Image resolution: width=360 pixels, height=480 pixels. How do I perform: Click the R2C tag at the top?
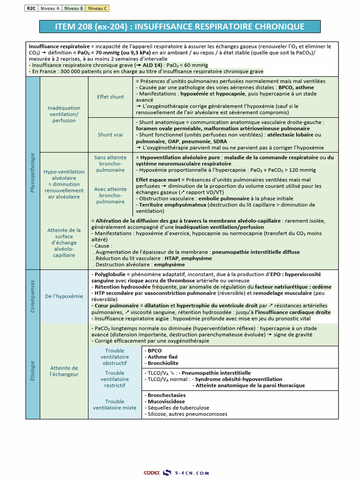(x=31, y=8)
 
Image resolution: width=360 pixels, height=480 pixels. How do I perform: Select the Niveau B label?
(x=74, y=8)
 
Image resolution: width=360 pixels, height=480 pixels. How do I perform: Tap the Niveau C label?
(x=97, y=8)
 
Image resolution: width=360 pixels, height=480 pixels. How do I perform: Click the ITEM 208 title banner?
(x=180, y=27)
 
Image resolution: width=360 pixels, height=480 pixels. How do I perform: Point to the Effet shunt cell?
(x=111, y=97)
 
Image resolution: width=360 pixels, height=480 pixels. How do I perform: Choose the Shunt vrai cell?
(x=111, y=135)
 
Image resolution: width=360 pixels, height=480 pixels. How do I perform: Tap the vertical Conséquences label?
(x=32, y=296)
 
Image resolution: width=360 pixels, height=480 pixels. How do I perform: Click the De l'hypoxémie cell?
(x=64, y=296)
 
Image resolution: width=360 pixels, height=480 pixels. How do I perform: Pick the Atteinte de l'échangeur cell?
(x=64, y=371)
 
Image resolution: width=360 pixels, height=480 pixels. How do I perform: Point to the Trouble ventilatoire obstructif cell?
(x=115, y=357)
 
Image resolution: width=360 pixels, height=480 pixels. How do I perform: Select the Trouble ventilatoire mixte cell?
(x=115, y=405)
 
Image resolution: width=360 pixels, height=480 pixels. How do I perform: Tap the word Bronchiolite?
(x=163, y=363)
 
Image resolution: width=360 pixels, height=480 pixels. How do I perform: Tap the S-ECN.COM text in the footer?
(x=192, y=473)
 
